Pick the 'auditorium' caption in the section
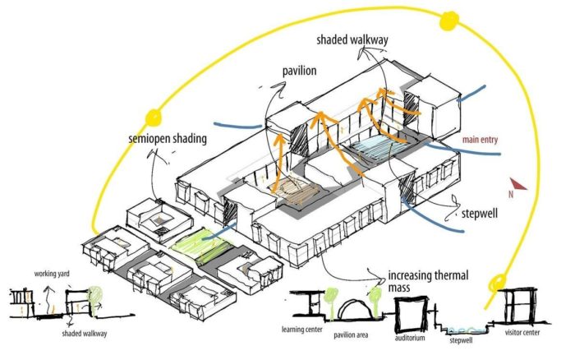point(412,335)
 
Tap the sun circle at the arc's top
point(450,19)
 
